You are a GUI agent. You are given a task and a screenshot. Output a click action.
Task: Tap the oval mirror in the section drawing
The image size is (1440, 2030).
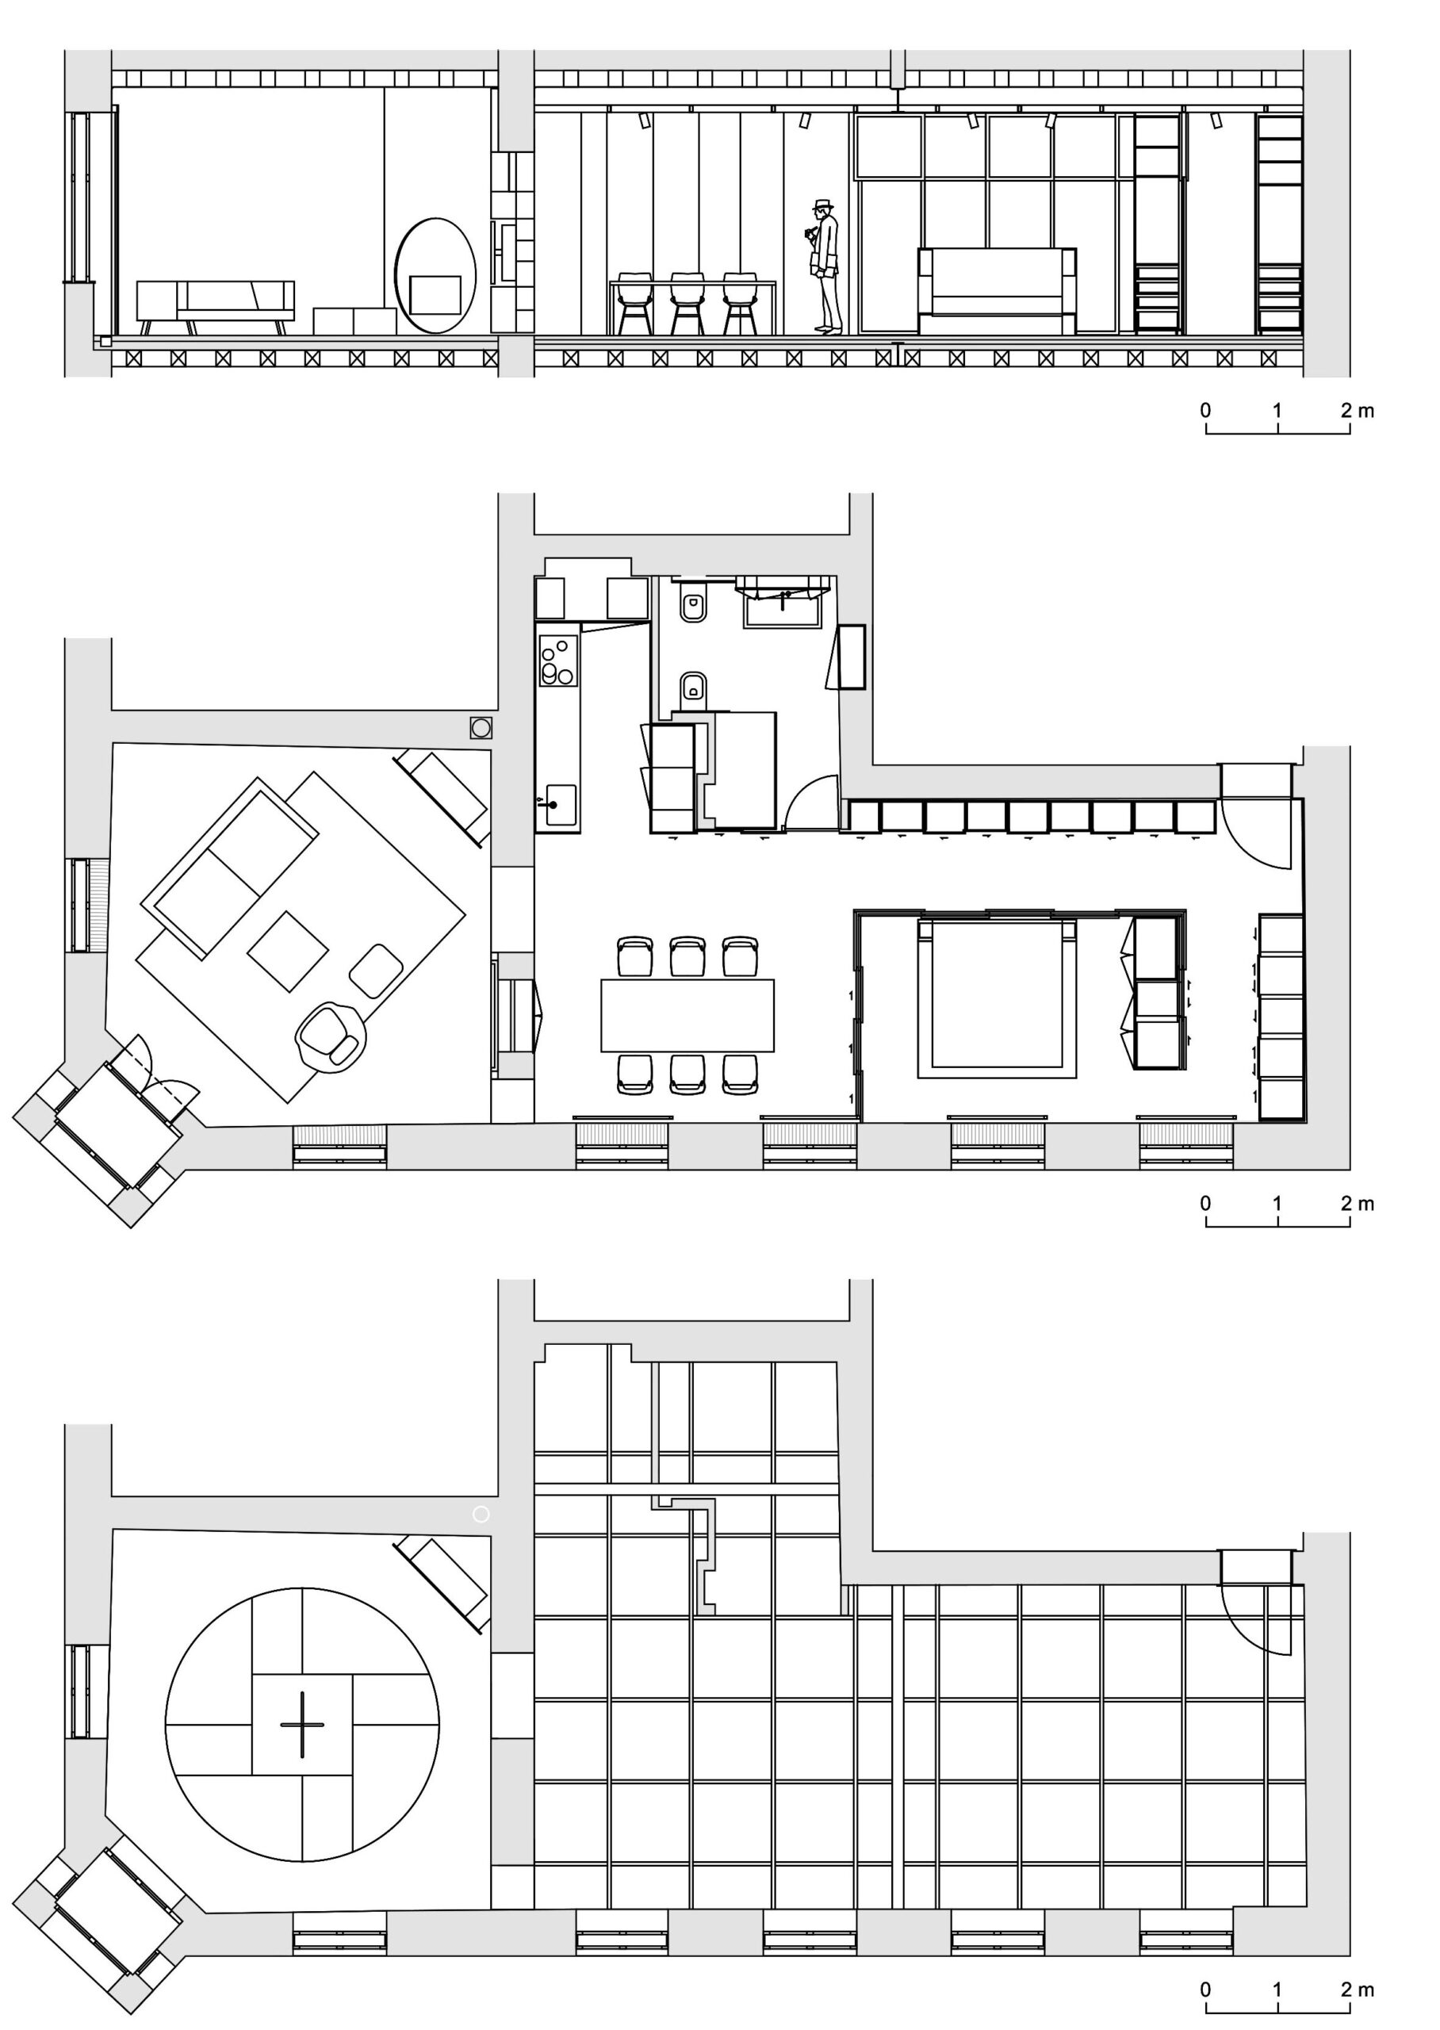(435, 275)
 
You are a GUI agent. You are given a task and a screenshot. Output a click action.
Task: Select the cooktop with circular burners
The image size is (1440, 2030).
(557, 661)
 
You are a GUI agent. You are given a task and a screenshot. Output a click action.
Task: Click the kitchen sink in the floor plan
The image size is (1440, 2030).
(561, 804)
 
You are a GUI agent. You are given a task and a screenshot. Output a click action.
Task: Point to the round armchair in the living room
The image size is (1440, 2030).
(331, 1038)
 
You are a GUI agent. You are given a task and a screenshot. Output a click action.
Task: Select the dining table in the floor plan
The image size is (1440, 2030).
(687, 1015)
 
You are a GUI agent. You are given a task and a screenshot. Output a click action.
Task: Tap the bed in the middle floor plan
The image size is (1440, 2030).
(997, 998)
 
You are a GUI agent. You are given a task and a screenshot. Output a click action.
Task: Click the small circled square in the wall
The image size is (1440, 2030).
(481, 728)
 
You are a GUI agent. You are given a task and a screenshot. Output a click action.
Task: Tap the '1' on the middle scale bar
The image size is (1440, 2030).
(1277, 1203)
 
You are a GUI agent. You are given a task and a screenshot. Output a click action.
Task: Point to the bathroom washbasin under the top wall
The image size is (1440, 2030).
(784, 608)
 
